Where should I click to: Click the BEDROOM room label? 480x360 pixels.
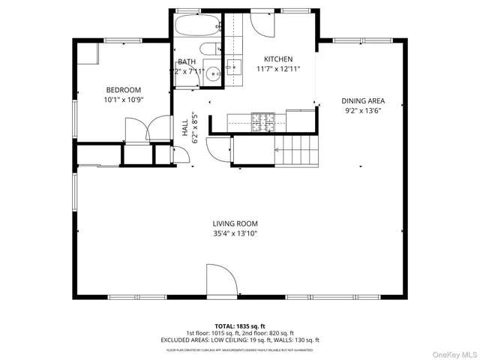pyautogui.click(x=124, y=90)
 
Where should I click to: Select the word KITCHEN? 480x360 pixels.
pyautogui.click(x=277, y=59)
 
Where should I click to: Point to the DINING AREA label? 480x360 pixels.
pyautogui.click(x=363, y=100)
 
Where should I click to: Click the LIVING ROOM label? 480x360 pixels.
pyautogui.click(x=235, y=223)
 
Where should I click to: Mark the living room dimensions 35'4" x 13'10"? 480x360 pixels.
pyautogui.click(x=235, y=233)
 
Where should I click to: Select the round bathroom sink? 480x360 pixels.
pyautogui.click(x=214, y=73)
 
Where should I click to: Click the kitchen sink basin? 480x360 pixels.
pyautogui.click(x=233, y=68)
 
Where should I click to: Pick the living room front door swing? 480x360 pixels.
pyautogui.click(x=222, y=279)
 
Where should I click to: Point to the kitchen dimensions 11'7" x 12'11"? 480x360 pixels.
pyautogui.click(x=277, y=69)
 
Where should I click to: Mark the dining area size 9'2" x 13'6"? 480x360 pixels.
pyautogui.click(x=363, y=110)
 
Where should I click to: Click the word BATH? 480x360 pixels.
pyautogui.click(x=187, y=62)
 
